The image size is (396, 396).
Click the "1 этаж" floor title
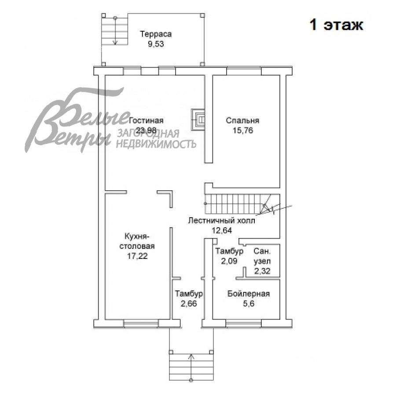[x=336, y=25]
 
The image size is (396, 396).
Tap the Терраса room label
[x=156, y=34]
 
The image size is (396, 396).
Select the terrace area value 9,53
[x=156, y=44]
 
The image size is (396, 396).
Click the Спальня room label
[x=242, y=120]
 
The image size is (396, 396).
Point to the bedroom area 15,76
[x=243, y=131]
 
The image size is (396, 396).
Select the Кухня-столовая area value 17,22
[x=137, y=256]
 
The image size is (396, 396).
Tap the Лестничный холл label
[x=221, y=221]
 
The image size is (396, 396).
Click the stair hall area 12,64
[x=222, y=230]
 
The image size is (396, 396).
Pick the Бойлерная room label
[x=248, y=294]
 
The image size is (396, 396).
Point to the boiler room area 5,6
[x=249, y=304]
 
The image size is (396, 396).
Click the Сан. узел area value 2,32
[x=262, y=271]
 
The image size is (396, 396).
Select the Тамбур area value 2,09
[x=229, y=261]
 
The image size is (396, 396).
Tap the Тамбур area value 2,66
[x=189, y=304]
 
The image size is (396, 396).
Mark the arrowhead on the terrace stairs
[x=115, y=43]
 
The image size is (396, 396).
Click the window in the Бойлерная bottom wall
[x=243, y=324]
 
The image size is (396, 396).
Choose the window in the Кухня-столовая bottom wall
[x=141, y=324]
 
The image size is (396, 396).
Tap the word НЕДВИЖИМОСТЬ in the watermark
[x=156, y=144]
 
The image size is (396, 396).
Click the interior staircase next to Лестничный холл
[x=238, y=204]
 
